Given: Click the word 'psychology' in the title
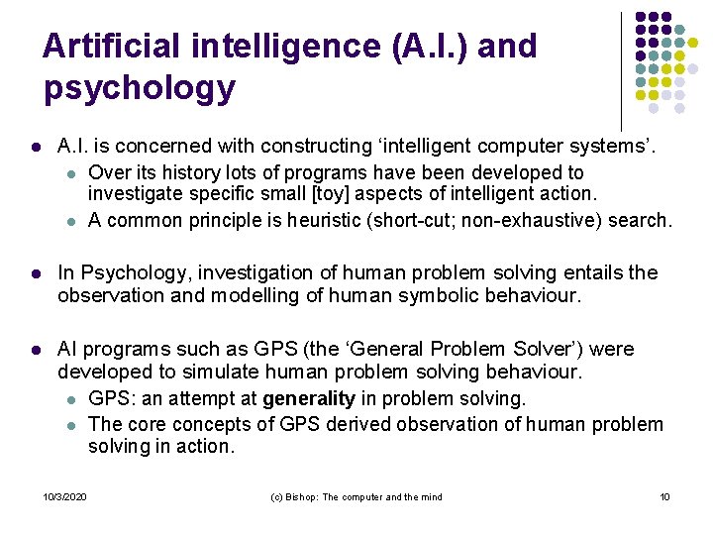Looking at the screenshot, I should click(x=140, y=88).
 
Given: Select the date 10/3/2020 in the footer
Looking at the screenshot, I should click(x=65, y=496).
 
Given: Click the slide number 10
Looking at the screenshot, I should click(x=664, y=496).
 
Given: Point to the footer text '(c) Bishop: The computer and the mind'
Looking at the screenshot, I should click(x=356, y=496).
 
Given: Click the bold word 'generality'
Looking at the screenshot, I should click(x=308, y=398).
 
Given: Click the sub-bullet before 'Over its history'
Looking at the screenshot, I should click(x=70, y=172).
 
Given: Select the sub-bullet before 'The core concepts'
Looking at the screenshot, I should click(x=70, y=424).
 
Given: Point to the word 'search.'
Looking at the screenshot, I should click(x=640, y=219).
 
